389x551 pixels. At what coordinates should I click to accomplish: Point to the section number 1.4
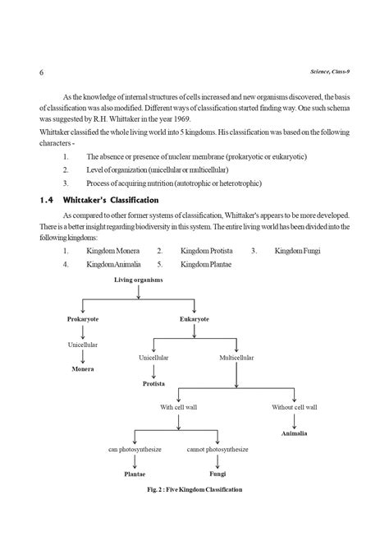pos(48,200)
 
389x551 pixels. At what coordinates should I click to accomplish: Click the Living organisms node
pos(138,280)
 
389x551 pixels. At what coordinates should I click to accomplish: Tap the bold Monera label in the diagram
pos(82,370)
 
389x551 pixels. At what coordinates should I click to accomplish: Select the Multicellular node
pos(236,359)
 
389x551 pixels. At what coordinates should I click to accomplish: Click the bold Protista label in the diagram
pos(153,384)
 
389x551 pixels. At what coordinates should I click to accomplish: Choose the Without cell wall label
pos(294,406)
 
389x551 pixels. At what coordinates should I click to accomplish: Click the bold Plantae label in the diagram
pos(135,474)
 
